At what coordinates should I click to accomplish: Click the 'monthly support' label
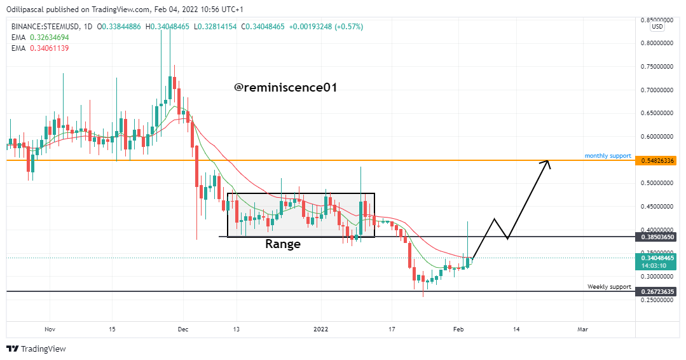[608, 156]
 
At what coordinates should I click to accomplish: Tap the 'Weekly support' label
[609, 286]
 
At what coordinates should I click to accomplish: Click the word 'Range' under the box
[283, 244]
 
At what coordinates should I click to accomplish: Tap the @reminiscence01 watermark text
[285, 88]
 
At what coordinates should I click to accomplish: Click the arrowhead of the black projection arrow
[546, 163]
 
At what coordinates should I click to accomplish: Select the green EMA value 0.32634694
[50, 38]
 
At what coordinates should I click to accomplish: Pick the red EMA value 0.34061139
[50, 48]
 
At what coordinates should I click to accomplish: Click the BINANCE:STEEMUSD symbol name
[46, 27]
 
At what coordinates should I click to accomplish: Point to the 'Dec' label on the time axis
[183, 329]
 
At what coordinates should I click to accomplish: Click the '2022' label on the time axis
[321, 329]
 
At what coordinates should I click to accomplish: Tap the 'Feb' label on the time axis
[458, 329]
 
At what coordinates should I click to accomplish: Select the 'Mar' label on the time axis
[582, 329]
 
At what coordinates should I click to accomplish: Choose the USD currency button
[657, 27]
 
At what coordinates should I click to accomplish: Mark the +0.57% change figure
[348, 27]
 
